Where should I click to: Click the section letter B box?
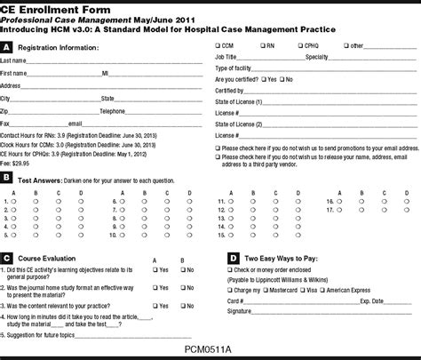(x=7, y=180)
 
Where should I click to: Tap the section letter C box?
(x=7, y=257)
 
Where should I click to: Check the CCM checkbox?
(x=218, y=44)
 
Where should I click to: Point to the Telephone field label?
(x=114, y=111)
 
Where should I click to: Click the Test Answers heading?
(x=44, y=180)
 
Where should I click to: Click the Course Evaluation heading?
(x=50, y=257)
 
